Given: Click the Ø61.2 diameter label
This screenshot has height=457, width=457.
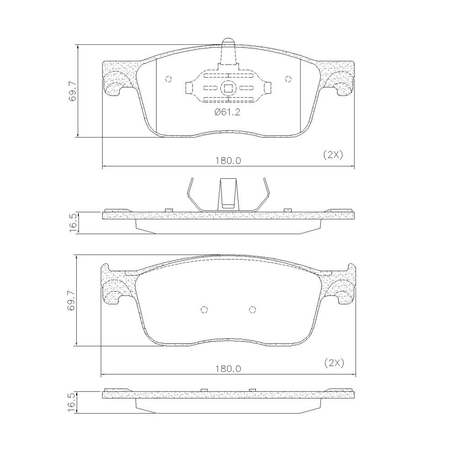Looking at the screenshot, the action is point(227,112).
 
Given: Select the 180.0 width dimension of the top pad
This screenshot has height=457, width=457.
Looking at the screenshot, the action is point(228,160).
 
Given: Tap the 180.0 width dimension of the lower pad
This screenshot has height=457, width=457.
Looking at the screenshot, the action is point(228,369).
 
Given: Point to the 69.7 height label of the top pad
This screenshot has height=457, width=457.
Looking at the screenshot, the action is point(72,91).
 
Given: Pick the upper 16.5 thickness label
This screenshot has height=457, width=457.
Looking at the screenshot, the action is point(73,223).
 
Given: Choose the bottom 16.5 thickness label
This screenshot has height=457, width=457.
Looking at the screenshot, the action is point(73,402).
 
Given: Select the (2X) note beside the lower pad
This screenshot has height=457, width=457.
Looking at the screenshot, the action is point(335,363).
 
